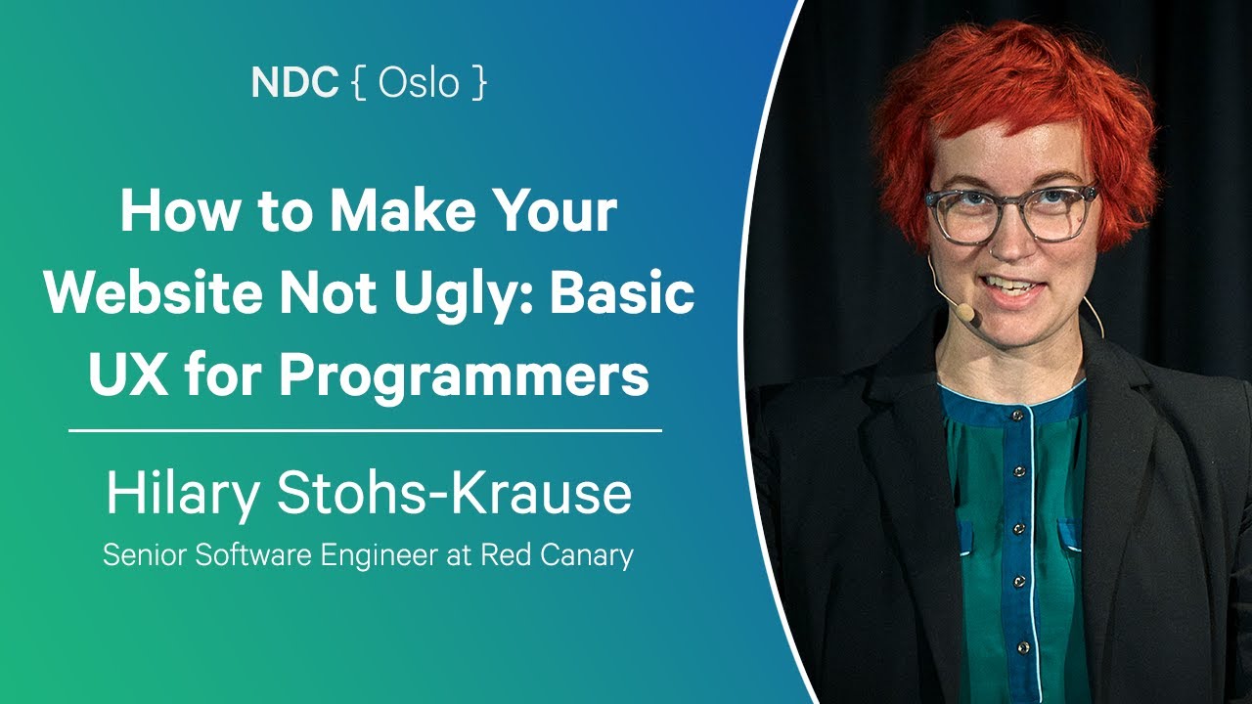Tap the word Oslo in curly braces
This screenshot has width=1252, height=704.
pos(419,84)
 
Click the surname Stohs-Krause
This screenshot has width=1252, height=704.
pos(454,495)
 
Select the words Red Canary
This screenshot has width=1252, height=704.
pos(557,556)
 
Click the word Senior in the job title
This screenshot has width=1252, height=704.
pos(145,556)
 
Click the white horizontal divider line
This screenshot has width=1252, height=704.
pos(366,429)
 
